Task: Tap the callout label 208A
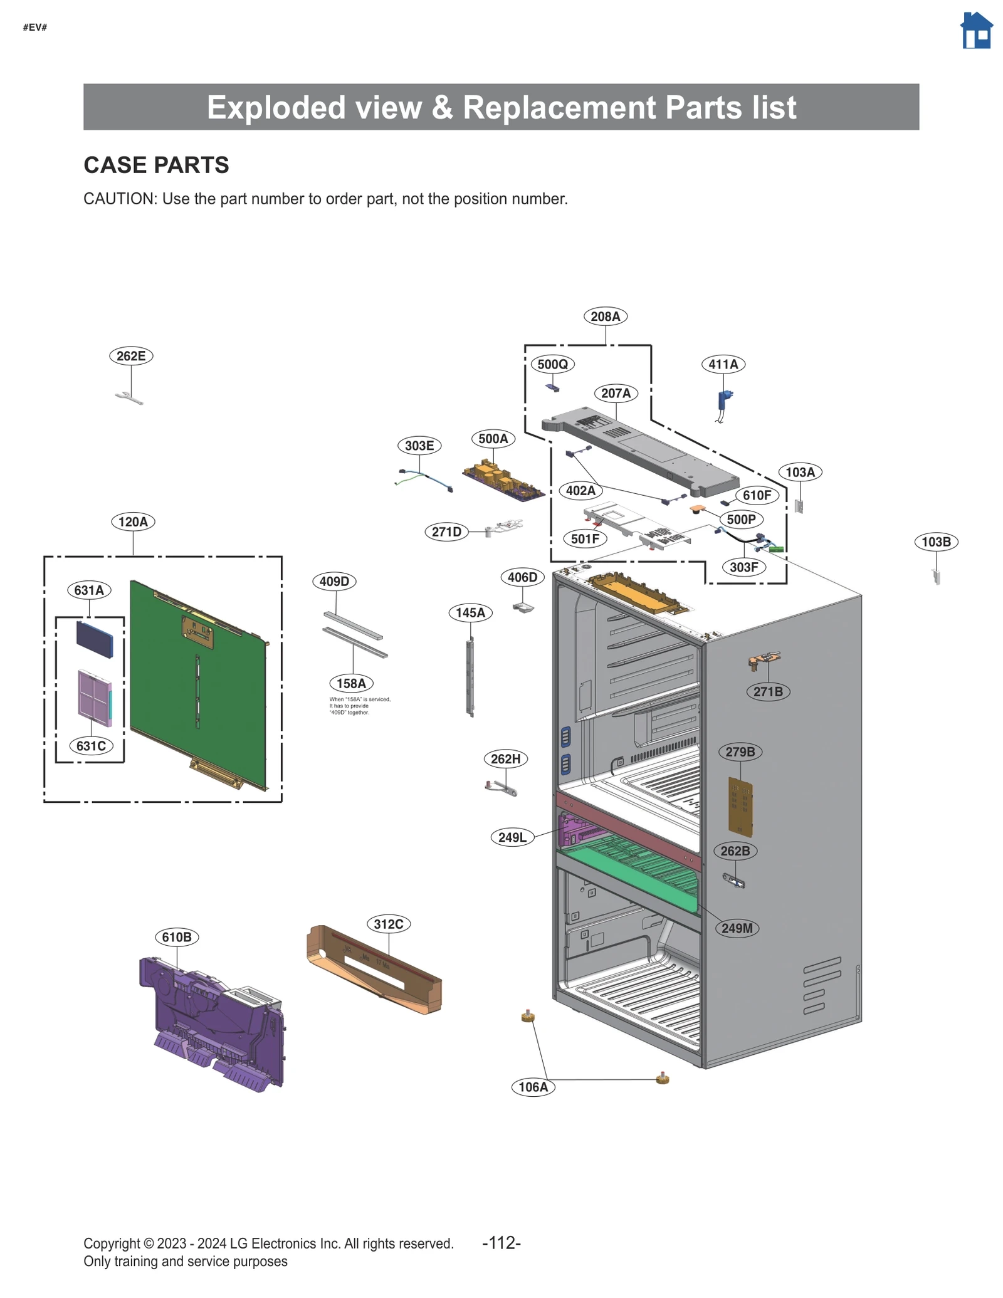[x=605, y=317]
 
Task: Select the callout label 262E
[x=131, y=356]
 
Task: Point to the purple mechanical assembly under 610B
[x=213, y=1022]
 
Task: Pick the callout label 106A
[x=533, y=1087]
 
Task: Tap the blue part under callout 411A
[x=725, y=400]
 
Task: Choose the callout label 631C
[x=91, y=746]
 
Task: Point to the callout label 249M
[x=737, y=928]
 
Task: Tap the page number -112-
[x=501, y=1243]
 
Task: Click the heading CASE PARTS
[x=156, y=165]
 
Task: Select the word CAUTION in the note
[x=119, y=199]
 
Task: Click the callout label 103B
[x=935, y=542]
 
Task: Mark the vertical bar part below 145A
[x=470, y=677]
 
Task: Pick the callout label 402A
[x=580, y=490]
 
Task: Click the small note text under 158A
[x=359, y=706]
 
